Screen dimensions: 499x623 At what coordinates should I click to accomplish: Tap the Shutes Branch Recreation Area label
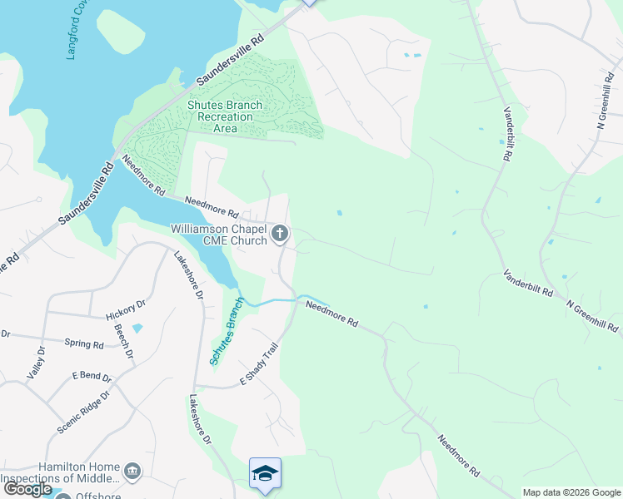tap(225, 116)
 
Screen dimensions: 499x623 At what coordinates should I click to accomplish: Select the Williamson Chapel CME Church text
tap(219, 234)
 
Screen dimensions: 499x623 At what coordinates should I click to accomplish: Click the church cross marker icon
tap(281, 234)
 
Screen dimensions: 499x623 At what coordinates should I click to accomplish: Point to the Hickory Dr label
tap(126, 310)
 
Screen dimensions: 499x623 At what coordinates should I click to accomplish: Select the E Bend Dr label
tap(91, 375)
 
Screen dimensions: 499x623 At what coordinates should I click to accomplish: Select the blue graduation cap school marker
tap(265, 473)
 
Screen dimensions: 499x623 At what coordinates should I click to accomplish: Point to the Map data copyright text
tap(571, 492)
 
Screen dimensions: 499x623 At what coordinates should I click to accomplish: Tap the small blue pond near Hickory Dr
tap(137, 329)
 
